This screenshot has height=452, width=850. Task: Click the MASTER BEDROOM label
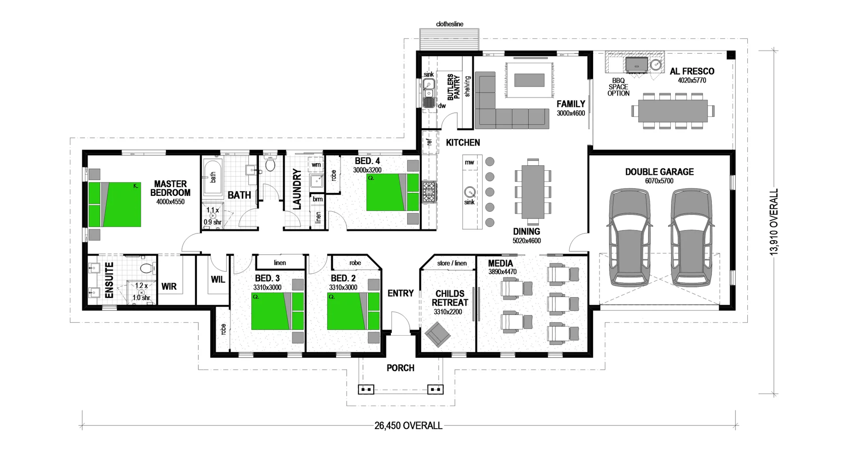point(170,188)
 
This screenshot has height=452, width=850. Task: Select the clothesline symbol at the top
point(449,39)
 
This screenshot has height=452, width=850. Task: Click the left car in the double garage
point(630,237)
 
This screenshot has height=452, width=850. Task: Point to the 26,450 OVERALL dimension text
point(408,426)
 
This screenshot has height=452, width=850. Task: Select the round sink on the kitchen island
point(470,192)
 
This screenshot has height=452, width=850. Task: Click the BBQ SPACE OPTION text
point(618,87)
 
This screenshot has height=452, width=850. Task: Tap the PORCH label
point(400,368)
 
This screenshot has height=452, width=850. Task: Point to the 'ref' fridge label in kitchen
point(429,142)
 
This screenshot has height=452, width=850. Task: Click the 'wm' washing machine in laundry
point(316,165)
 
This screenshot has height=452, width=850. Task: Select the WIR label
point(169,287)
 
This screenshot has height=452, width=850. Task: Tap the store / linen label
point(452,263)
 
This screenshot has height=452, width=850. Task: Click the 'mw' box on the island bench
point(469,162)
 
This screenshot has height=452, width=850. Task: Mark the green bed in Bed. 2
point(353,312)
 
